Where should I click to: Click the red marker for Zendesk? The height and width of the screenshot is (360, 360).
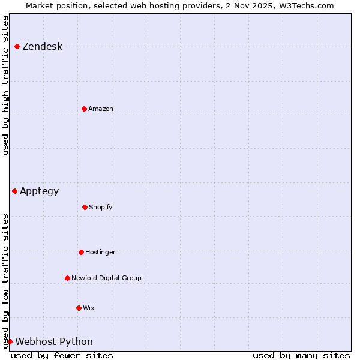coord(17,46)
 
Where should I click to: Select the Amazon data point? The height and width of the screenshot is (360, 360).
coord(84,109)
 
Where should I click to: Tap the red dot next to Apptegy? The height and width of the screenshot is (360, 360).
coord(14,191)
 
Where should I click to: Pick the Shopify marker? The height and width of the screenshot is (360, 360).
coord(85,207)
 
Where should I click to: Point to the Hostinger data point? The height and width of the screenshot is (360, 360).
coord(81,252)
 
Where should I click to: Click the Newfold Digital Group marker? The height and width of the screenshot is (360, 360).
coord(67,278)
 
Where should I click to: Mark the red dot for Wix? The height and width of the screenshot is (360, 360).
coord(79,308)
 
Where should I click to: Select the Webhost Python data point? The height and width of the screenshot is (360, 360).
coord(10,341)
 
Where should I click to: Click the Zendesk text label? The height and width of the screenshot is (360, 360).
coord(42,47)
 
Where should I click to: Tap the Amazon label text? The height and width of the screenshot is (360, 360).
coord(101,109)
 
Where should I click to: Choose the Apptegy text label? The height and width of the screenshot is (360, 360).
coord(40,191)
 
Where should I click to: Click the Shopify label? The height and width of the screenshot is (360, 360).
coord(101,208)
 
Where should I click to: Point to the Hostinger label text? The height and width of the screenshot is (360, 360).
coord(100,253)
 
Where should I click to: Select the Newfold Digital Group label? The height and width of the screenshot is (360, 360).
coord(106,278)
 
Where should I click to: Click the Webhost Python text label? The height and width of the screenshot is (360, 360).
coord(54,342)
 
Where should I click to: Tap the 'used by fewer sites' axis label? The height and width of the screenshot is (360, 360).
coord(62,355)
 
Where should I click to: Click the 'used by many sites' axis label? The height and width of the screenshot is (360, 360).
coord(301,355)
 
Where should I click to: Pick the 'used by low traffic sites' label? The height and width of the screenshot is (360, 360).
coord(5,280)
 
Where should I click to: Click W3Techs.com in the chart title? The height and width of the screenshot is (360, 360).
coord(305,5)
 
